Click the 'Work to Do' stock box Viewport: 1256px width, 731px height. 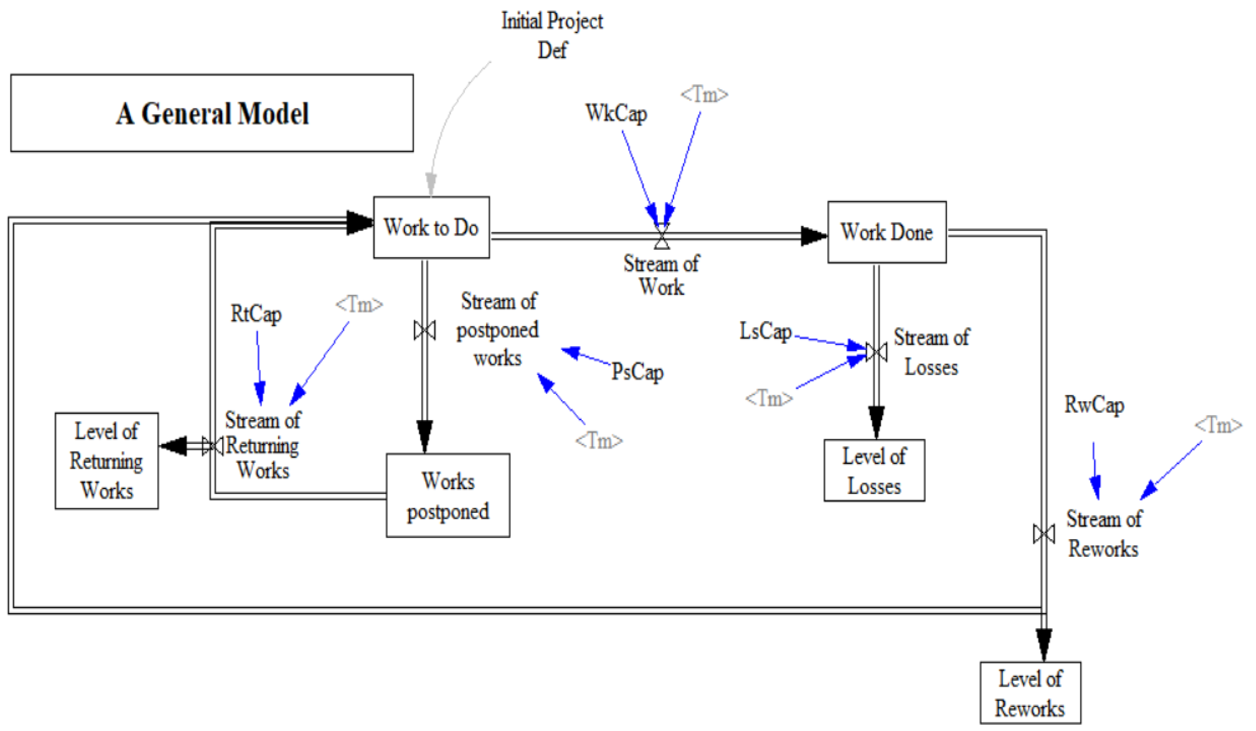pyautogui.click(x=431, y=227)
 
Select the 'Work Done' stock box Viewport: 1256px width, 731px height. pyautogui.click(x=886, y=232)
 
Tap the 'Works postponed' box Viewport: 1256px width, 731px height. pyautogui.click(x=448, y=495)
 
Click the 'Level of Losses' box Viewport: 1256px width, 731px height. pyautogui.click(x=874, y=470)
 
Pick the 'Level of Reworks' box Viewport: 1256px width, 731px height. pyautogui.click(x=1030, y=693)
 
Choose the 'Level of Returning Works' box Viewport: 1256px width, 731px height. pyautogui.click(x=107, y=460)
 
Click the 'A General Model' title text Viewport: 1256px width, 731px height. pyautogui.click(x=213, y=113)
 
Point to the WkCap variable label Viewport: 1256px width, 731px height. pyautogui.click(x=616, y=113)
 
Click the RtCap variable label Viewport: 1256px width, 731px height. pyautogui.click(x=256, y=314)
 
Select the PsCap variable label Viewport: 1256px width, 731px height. pyautogui.click(x=638, y=371)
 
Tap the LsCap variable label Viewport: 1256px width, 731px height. pyautogui.click(x=766, y=331)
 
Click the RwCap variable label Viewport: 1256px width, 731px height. pyautogui.click(x=1094, y=405)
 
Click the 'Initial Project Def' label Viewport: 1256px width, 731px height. pyautogui.click(x=552, y=35)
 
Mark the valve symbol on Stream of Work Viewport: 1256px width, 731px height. pyautogui.click(x=662, y=236)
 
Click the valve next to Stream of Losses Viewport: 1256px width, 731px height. pyautogui.click(x=876, y=352)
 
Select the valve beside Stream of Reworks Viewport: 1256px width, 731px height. pyautogui.click(x=1043, y=534)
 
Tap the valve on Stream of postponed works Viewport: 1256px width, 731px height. pyautogui.click(x=425, y=330)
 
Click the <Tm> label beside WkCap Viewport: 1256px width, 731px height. pyautogui.click(x=704, y=94)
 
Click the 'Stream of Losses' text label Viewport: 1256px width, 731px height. pyautogui.click(x=931, y=352)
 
